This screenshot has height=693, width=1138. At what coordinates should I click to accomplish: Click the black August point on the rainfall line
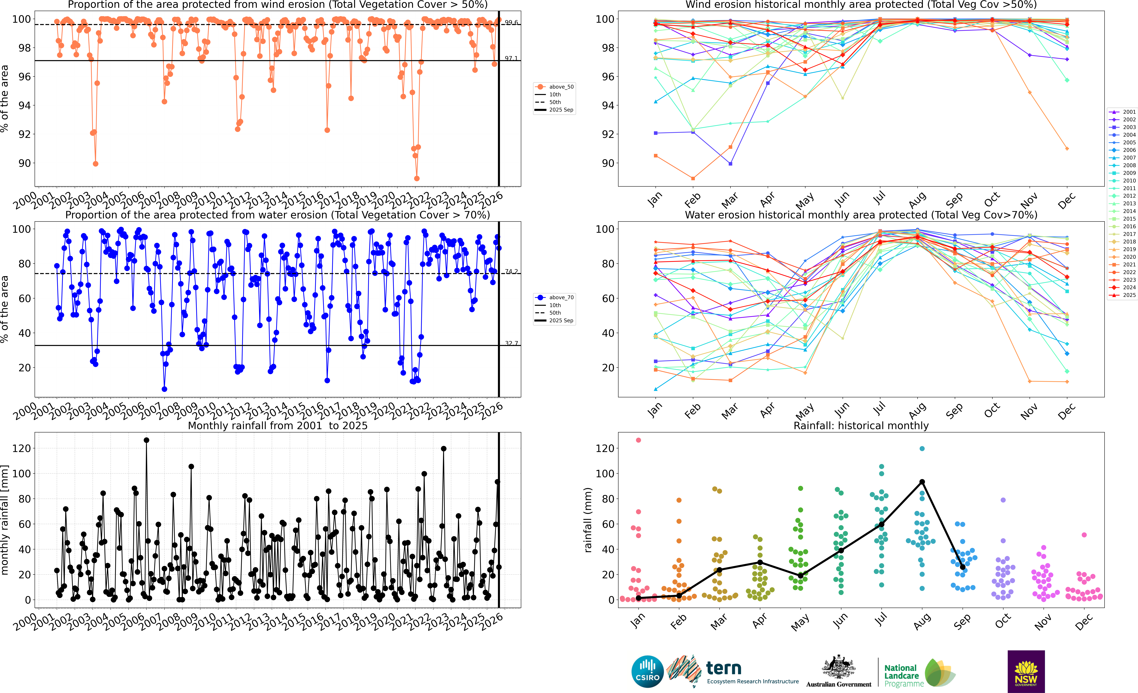922,482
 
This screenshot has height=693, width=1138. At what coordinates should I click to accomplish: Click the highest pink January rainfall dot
638,440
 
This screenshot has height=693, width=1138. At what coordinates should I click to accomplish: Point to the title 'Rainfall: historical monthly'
861,426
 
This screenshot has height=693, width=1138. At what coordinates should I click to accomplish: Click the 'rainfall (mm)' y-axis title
588,520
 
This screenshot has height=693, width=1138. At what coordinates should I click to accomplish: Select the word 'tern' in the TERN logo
724,668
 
